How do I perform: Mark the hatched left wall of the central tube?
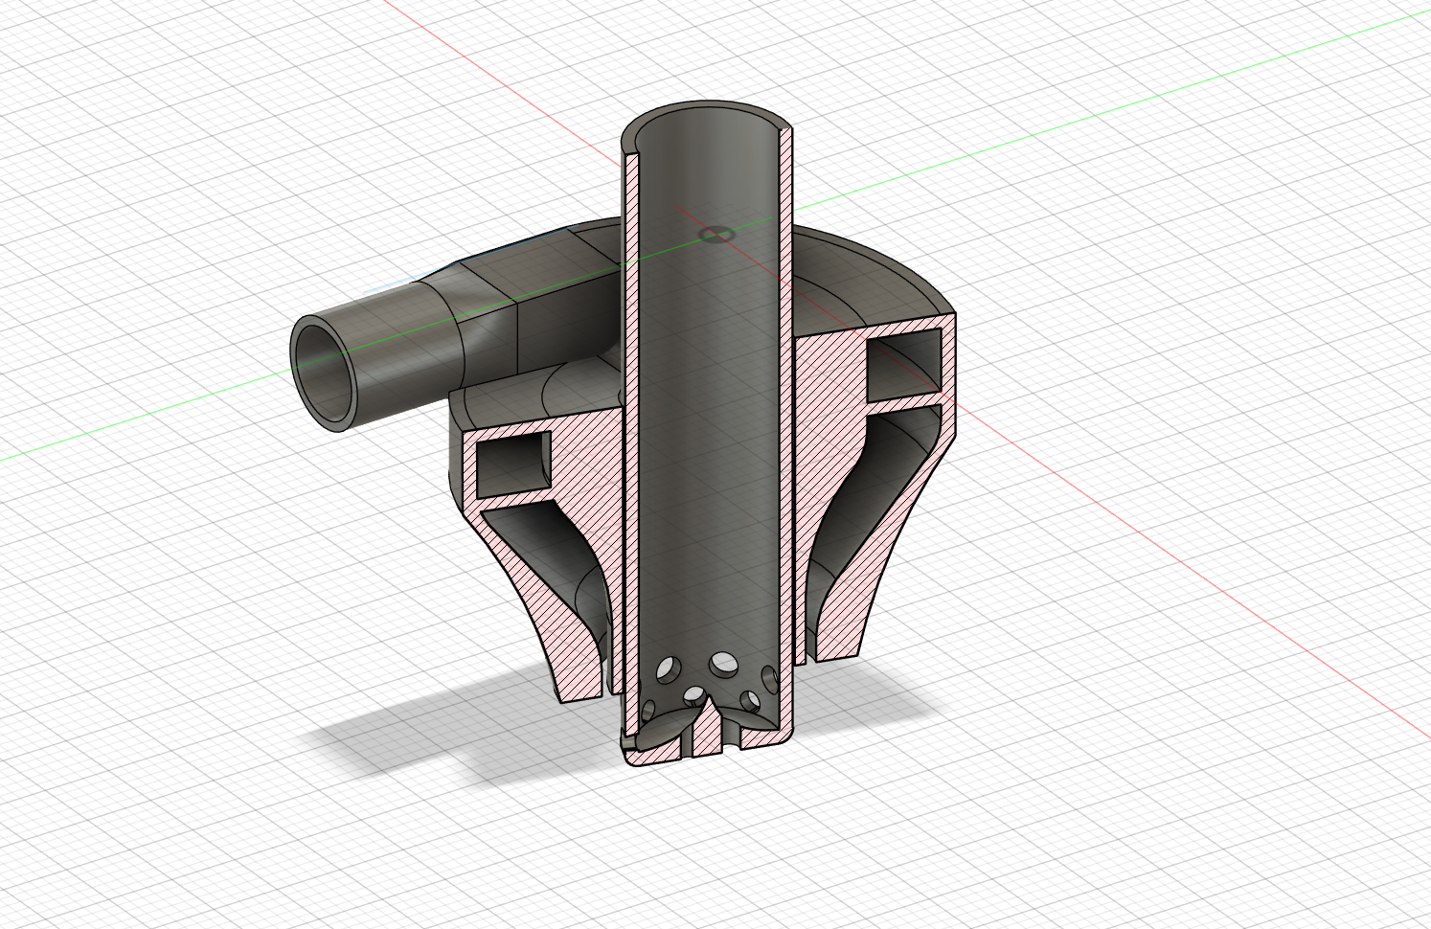point(629,431)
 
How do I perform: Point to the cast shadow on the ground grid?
point(402,747)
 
